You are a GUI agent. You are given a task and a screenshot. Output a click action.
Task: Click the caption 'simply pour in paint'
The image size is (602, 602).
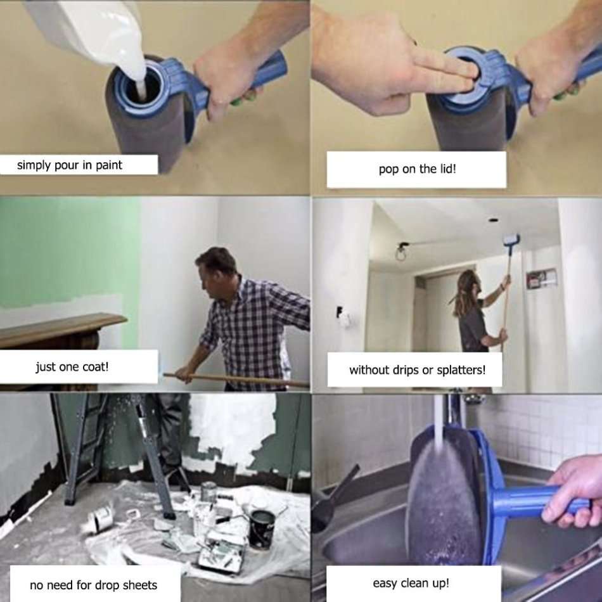click(x=70, y=165)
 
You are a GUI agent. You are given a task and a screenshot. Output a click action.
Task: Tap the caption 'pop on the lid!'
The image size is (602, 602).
click(x=416, y=169)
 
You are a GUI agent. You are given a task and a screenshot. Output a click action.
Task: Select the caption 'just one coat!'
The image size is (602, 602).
click(x=72, y=367)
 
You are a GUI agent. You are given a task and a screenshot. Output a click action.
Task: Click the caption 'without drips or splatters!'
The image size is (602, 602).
click(x=416, y=370)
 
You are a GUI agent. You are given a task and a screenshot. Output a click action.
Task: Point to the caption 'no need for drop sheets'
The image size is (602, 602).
click(x=93, y=584)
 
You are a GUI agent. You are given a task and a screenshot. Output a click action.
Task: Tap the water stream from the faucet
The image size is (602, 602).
click(x=438, y=418)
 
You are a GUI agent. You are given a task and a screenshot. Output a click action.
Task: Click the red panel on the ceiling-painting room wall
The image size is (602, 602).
click(x=541, y=278)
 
